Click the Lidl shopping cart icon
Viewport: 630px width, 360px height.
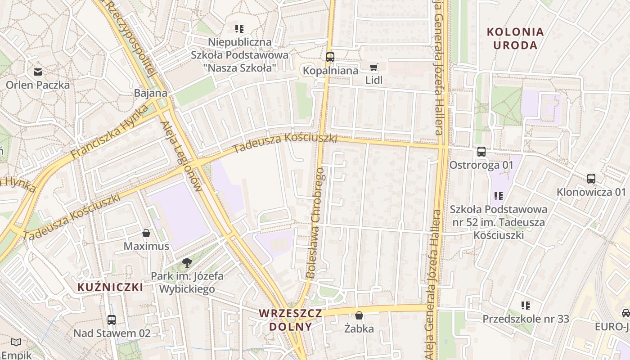tap(373, 67)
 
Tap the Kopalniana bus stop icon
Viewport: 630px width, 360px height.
tap(330, 57)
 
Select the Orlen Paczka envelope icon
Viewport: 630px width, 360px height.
tap(38, 72)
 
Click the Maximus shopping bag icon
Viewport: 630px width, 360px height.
tap(146, 233)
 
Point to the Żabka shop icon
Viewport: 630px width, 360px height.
tap(359, 315)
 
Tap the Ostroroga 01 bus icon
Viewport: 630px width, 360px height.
tap(481, 152)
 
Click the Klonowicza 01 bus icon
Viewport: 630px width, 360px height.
tap(591, 179)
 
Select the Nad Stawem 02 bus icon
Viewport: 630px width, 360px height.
tap(112, 320)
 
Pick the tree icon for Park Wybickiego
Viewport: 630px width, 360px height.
tap(187, 263)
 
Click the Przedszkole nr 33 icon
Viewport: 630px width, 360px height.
tap(525, 306)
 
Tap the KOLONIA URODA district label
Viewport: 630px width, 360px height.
tap(515, 39)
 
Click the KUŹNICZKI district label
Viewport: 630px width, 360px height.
tap(110, 287)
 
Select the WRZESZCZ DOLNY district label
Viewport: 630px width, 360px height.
tap(291, 319)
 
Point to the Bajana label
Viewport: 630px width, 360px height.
tap(151, 94)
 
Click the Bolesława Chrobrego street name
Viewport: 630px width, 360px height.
tap(315, 223)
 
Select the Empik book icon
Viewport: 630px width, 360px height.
tap(16, 342)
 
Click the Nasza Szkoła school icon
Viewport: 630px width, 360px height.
tap(239, 29)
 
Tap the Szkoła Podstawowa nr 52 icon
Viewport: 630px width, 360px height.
tap(499, 196)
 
